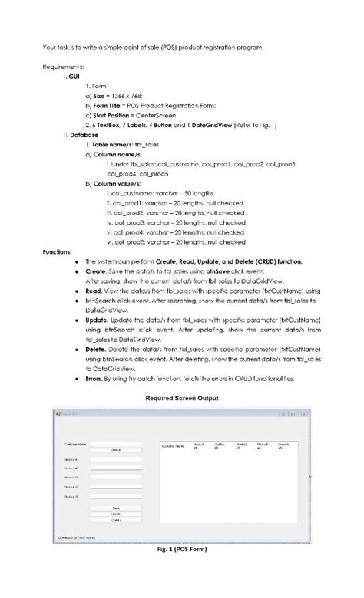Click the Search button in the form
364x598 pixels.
pyautogui.click(x=116, y=449)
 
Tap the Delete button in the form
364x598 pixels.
pyautogui.click(x=116, y=520)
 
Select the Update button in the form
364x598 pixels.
pyautogui.click(x=116, y=514)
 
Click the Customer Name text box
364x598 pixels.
pyautogui.click(x=116, y=443)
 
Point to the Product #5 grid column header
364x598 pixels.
pyautogui.click(x=283, y=445)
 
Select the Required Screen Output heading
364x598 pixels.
pyautogui.click(x=182, y=398)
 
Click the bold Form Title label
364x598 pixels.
pyautogui.click(x=111, y=105)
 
